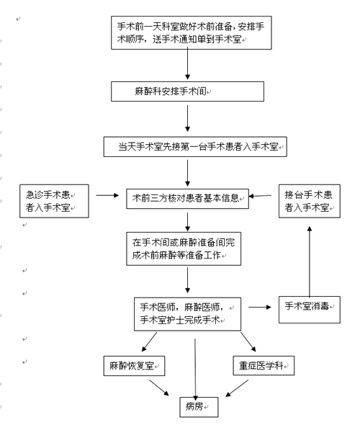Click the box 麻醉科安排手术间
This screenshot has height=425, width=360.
pyautogui.click(x=187, y=91)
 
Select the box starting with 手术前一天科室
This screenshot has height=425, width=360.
pyautogui.click(x=192, y=33)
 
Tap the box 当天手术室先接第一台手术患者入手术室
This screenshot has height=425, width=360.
pyautogui.click(x=195, y=147)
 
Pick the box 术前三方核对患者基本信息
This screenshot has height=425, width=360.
pyautogui.click(x=187, y=199)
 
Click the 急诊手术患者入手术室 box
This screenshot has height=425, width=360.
pyautogui.click(x=54, y=201)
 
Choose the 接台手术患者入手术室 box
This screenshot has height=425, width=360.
pyautogui.click(x=310, y=201)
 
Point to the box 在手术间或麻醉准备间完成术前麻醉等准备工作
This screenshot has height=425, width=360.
pyautogui.click(x=184, y=249)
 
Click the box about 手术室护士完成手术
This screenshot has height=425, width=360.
pyautogui.click(x=187, y=314)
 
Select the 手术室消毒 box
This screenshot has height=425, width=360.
pyautogui.click(x=310, y=310)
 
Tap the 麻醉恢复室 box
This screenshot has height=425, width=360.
pyautogui.click(x=135, y=366)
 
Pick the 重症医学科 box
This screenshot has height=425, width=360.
pyautogui.click(x=264, y=366)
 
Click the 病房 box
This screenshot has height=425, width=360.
pyautogui.click(x=199, y=407)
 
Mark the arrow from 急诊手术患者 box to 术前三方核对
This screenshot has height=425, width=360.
pyautogui.click(x=107, y=195)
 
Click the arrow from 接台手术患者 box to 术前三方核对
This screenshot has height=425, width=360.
pyautogui.click(x=260, y=196)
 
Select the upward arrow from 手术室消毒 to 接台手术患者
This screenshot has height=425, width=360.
pyautogui.click(x=310, y=261)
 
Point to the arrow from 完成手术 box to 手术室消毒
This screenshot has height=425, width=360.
pyautogui.click(x=260, y=307)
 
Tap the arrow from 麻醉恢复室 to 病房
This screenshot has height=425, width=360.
pyautogui.click(x=159, y=388)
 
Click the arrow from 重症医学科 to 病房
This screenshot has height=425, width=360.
pyautogui.click(x=237, y=388)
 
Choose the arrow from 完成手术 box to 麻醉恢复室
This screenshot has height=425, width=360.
pyautogui.click(x=149, y=342)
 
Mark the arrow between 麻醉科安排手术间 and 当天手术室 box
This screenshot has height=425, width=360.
pyautogui.click(x=187, y=118)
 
